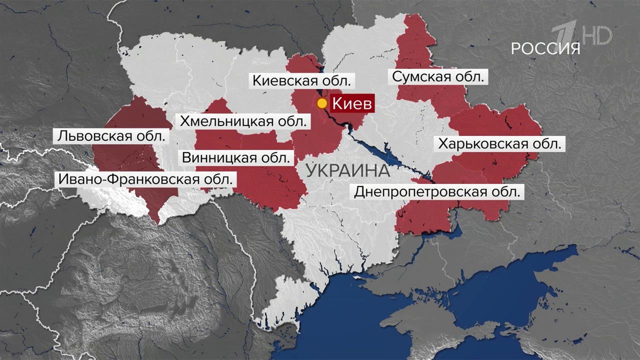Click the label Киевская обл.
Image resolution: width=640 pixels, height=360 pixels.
(303, 80)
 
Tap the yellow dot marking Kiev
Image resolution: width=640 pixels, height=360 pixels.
(322, 104)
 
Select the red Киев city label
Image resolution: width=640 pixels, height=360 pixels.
(352, 104)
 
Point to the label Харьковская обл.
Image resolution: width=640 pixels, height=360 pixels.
(499, 144)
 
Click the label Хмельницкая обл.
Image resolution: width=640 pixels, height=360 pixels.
(243, 121)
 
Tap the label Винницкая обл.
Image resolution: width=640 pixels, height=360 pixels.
(235, 158)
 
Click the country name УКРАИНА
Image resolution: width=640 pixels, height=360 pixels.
(347, 170)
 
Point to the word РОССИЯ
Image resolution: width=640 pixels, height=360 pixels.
(545, 48)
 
